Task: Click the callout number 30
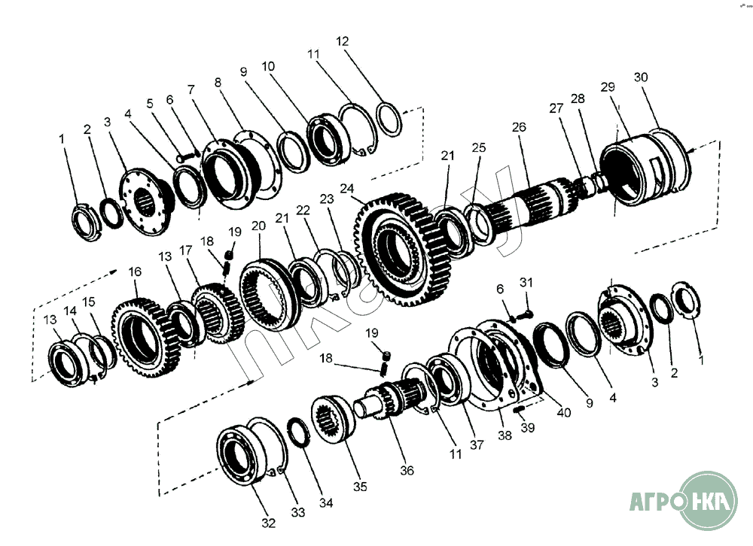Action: pos(641,77)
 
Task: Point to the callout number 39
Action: pos(528,428)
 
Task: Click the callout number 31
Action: pos(526,282)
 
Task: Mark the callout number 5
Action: pos(150,102)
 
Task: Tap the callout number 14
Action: pos(70,311)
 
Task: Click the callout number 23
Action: pos(326,199)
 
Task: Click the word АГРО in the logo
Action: pos(654,502)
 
